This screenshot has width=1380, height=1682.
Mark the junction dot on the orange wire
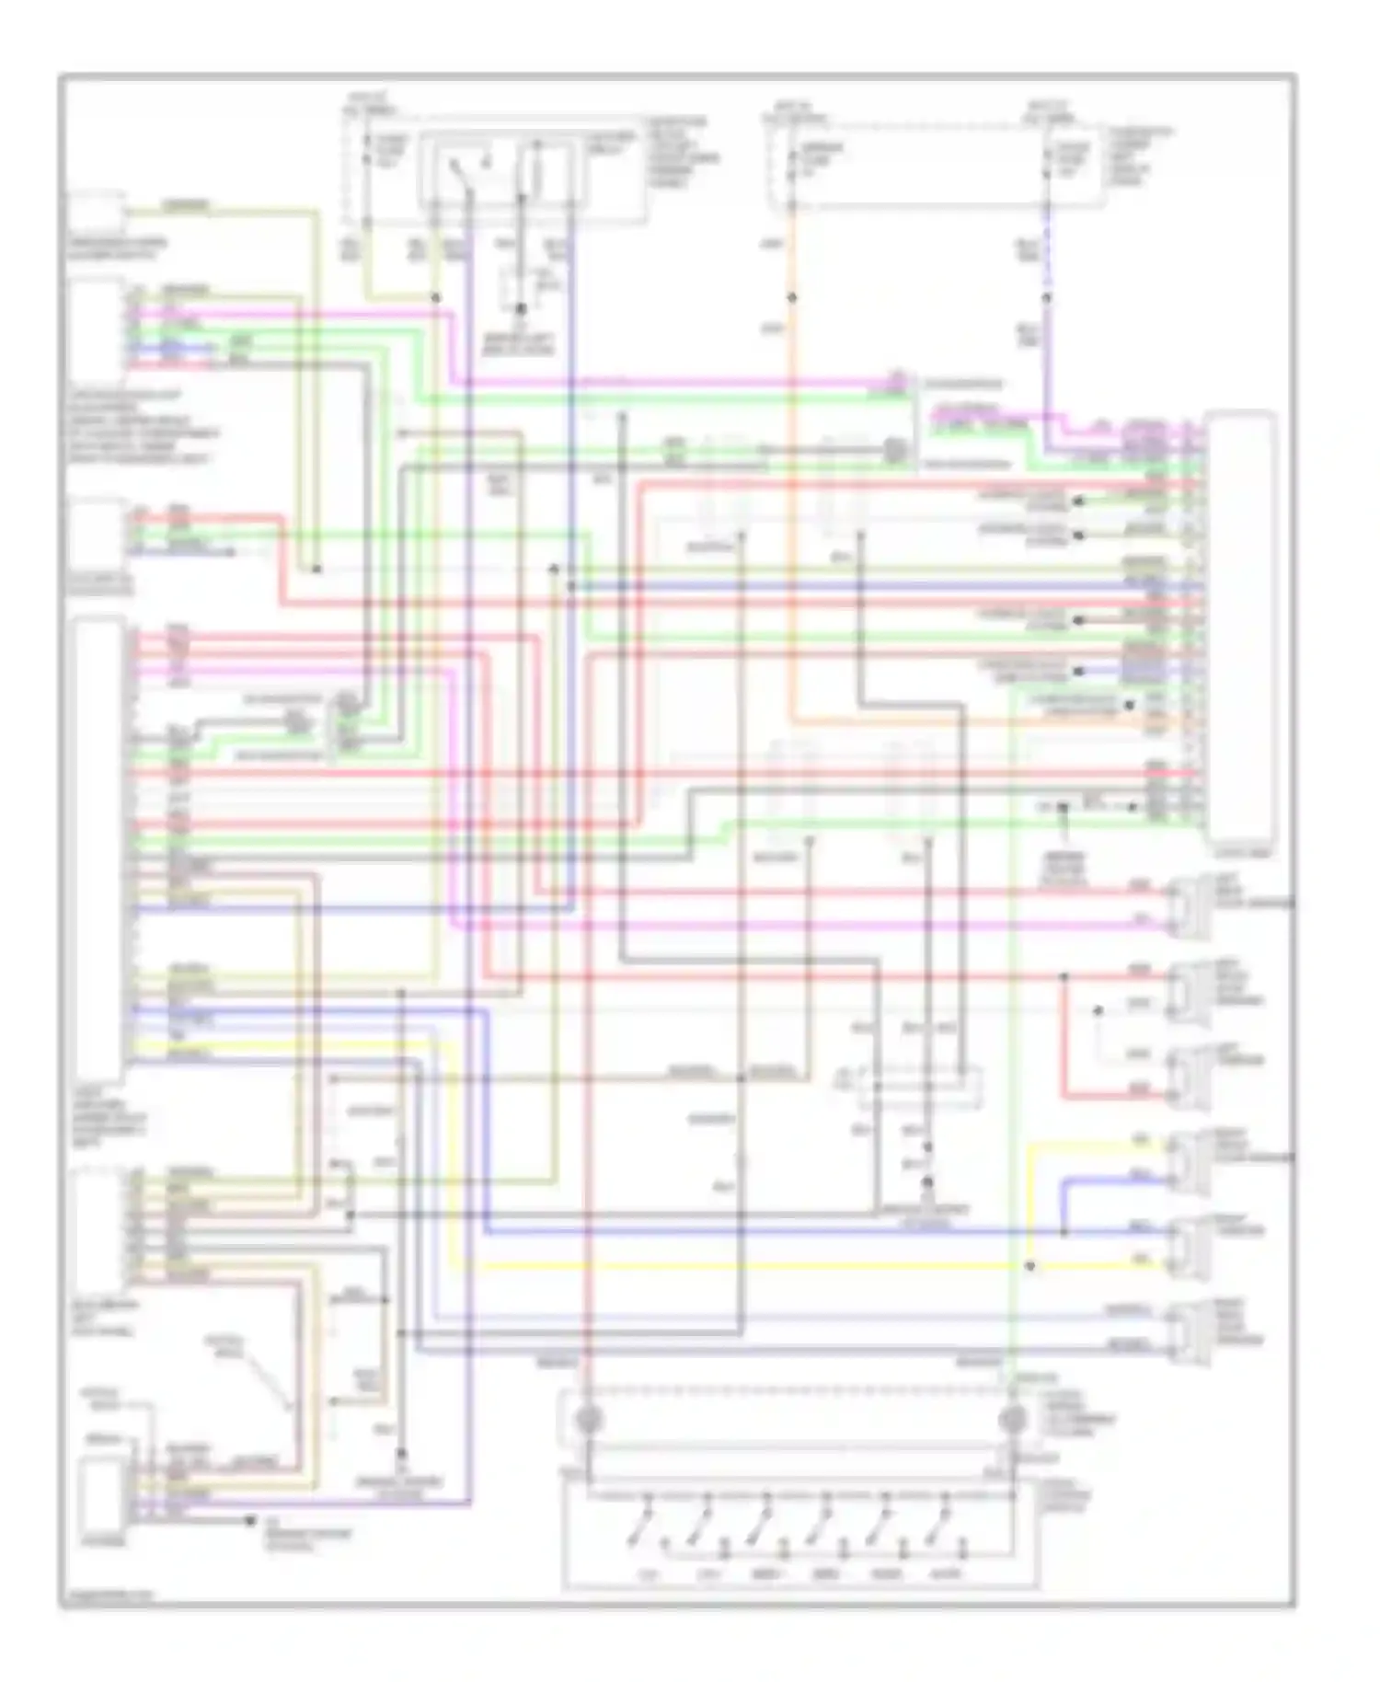792,298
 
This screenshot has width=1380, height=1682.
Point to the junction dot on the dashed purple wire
1047,298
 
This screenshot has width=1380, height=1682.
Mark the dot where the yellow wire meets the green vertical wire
1030,1267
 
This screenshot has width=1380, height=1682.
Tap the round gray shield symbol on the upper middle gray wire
894,450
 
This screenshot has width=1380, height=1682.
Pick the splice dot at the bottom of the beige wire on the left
316,570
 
